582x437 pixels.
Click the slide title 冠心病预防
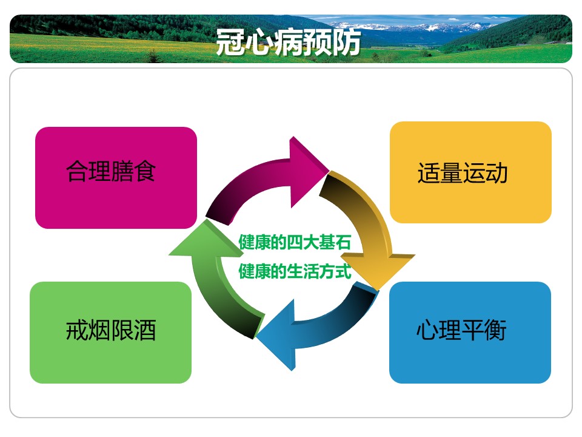click(288, 42)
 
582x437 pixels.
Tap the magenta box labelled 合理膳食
click(116, 178)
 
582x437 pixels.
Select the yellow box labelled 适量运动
click(470, 172)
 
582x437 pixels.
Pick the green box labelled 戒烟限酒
click(110, 333)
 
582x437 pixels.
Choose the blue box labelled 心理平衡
click(470, 333)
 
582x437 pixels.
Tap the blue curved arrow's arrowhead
click(278, 334)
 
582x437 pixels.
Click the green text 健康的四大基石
click(295, 242)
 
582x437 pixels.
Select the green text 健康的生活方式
click(295, 271)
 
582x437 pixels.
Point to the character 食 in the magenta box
click(144, 171)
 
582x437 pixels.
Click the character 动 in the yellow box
click(497, 173)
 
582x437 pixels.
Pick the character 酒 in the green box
click(145, 330)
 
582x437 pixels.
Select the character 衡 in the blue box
click(495, 330)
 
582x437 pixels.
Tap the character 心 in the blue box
click(427, 330)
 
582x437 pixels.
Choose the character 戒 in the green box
click(77, 330)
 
